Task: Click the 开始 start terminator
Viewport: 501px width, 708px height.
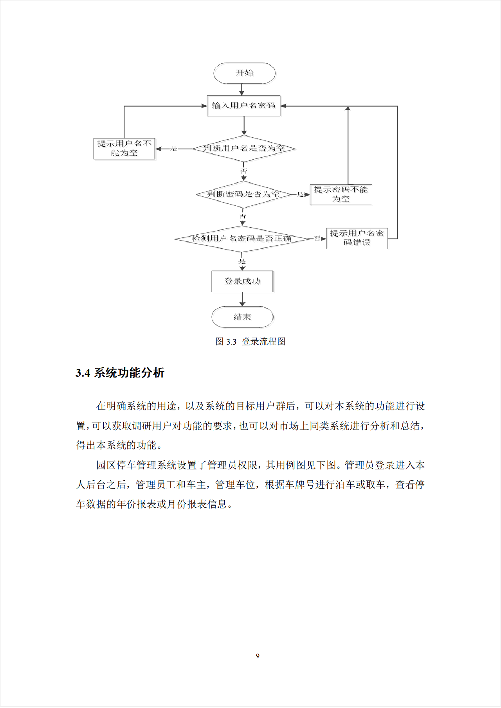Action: (244, 73)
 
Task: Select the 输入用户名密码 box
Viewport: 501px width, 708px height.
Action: (243, 106)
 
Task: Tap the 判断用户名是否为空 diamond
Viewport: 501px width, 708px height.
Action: (243, 149)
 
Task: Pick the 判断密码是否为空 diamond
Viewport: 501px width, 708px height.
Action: (243, 194)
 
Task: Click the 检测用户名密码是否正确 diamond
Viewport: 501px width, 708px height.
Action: (242, 239)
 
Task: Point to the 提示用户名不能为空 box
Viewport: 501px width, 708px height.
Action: (124, 149)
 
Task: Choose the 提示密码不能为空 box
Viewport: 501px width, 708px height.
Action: (341, 194)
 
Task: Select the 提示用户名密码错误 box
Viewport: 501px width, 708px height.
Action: (357, 238)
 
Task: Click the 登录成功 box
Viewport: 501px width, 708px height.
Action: (242, 281)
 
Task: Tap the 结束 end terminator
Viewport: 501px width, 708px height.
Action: (242, 317)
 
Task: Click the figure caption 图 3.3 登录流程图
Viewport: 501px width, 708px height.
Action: (250, 341)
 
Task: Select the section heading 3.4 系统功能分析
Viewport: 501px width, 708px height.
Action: (120, 373)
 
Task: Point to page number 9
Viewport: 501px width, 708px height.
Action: (258, 656)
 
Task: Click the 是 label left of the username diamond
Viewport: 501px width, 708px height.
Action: (174, 149)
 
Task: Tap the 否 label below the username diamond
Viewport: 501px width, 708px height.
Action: (244, 171)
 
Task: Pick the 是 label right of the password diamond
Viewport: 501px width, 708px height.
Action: (300, 194)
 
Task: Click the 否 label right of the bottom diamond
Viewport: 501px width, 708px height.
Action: (317, 238)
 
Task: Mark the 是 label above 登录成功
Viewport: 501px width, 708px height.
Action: (242, 261)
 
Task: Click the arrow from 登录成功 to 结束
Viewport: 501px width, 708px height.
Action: (242, 299)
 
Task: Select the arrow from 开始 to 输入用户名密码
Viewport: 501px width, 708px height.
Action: (241, 90)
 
